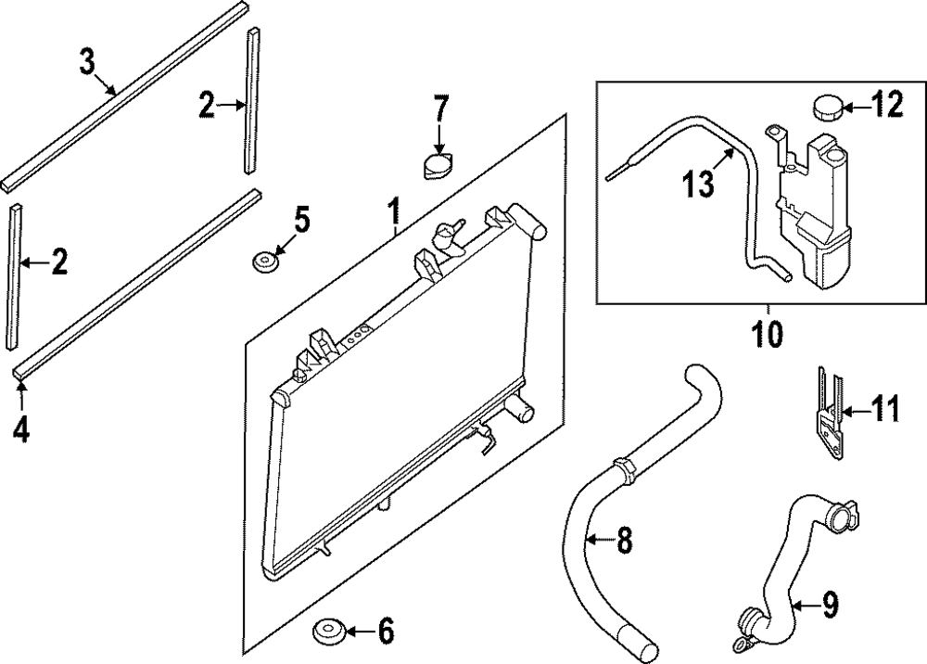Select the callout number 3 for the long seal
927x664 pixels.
(86, 63)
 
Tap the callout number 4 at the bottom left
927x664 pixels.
(20, 431)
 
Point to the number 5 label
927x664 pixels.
(301, 222)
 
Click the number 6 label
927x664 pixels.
(385, 632)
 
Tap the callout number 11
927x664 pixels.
(886, 408)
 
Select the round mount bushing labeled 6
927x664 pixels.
(329, 631)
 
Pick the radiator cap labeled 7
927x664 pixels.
(438, 168)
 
